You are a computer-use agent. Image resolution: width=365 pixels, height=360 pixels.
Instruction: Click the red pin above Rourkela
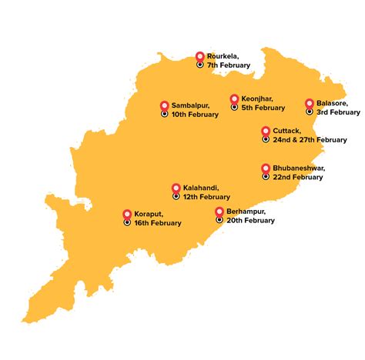[200, 56]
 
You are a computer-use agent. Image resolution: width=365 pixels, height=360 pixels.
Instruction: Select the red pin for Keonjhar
[234, 98]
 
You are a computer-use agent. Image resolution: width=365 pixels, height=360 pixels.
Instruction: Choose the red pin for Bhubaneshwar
[266, 168]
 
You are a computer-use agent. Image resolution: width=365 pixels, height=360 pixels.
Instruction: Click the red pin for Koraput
[127, 214]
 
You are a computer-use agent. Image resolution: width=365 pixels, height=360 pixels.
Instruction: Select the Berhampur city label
[246, 212]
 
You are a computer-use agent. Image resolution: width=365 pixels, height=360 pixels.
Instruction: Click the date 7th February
[229, 65]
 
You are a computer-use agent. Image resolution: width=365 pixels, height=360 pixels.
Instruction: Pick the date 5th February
[263, 108]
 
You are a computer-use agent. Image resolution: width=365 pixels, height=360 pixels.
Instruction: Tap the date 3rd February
[338, 112]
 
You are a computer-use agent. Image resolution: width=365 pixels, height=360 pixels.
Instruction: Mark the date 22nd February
[297, 177]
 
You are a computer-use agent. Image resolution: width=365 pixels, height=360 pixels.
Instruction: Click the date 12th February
[206, 197]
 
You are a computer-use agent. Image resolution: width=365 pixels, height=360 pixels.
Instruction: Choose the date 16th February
[157, 223]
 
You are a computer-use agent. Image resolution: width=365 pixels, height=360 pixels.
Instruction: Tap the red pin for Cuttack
[266, 131]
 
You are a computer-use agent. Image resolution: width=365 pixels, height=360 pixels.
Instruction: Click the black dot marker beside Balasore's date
[310, 112]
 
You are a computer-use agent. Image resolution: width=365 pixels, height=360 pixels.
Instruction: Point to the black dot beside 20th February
[219, 220]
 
